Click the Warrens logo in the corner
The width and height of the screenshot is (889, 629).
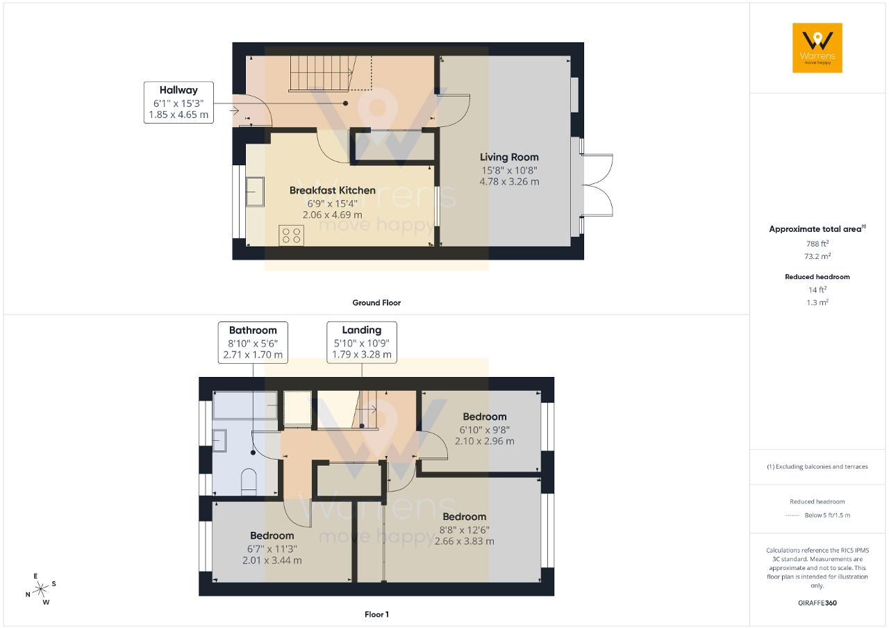[817, 48]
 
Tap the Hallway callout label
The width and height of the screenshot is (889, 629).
[178, 102]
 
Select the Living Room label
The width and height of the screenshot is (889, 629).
[509, 157]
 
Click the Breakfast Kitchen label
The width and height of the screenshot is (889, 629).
[333, 190]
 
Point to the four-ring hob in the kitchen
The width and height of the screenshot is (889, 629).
[291, 235]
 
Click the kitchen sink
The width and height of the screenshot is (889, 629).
[255, 192]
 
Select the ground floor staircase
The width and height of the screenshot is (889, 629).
[322, 74]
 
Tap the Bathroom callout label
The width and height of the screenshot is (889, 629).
[253, 342]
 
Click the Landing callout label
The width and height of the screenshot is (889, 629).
[362, 342]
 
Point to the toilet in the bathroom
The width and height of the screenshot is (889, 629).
[249, 482]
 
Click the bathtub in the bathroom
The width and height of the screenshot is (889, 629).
[245, 405]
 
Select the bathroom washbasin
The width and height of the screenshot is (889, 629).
[219, 441]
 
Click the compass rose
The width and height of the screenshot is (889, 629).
[41, 589]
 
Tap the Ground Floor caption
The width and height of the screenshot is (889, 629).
[376, 303]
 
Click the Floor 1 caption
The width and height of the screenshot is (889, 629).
[376, 614]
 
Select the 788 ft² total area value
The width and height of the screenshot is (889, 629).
[817, 244]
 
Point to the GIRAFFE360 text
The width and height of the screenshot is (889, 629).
[817, 603]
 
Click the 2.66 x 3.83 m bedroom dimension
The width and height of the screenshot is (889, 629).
[465, 542]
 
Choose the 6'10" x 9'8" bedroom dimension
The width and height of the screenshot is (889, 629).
[485, 430]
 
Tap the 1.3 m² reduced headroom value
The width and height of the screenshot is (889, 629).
[817, 302]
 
